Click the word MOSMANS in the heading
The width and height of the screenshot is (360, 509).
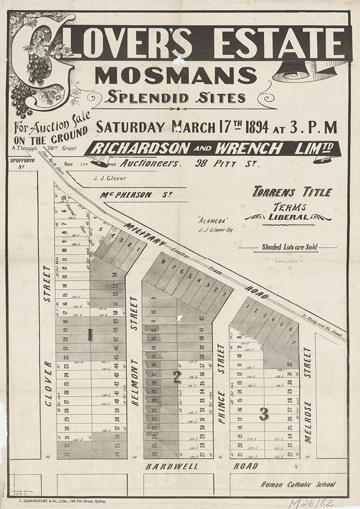point(176,75)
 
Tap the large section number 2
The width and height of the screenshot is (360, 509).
point(178,377)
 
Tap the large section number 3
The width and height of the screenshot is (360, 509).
point(264,414)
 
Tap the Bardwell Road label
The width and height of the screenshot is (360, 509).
point(202,466)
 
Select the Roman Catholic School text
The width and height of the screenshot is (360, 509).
point(298,484)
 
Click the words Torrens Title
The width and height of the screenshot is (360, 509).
point(292,192)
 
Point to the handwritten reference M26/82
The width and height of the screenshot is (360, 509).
point(311,503)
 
